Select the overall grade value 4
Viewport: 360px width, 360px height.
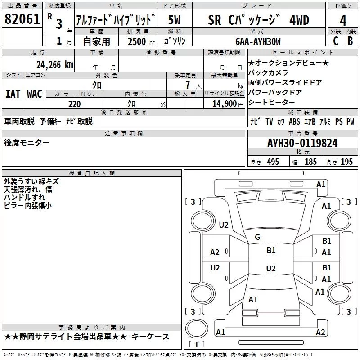coord(343,21)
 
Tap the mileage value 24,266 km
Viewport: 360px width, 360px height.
coord(55,65)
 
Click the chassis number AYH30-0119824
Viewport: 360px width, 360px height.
coord(302,144)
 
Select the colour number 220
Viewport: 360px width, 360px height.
coord(75,104)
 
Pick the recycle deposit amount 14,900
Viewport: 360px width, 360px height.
coord(225,104)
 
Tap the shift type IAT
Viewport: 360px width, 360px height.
coord(13,94)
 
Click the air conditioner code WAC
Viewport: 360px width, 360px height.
coord(34,94)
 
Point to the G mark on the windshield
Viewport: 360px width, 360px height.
coord(257,237)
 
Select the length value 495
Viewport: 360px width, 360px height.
coord(272,162)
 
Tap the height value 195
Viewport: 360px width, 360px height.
coord(346,162)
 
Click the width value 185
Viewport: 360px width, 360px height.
coord(310,162)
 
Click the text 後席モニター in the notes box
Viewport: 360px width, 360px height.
coord(27,143)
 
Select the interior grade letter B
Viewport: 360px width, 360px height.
coord(350,41)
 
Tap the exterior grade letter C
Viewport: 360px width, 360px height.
coord(336,41)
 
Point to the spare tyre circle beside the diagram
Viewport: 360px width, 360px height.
coord(197,328)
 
